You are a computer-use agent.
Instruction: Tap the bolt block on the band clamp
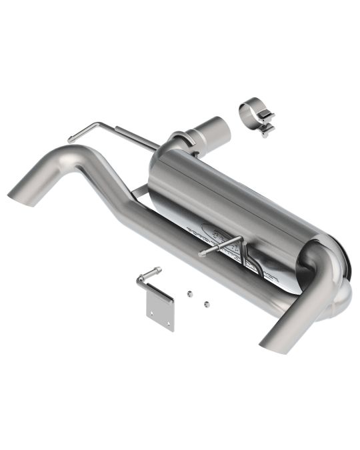[267, 126]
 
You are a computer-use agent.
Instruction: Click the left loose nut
[190, 293]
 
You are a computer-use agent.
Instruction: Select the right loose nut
[207, 303]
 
